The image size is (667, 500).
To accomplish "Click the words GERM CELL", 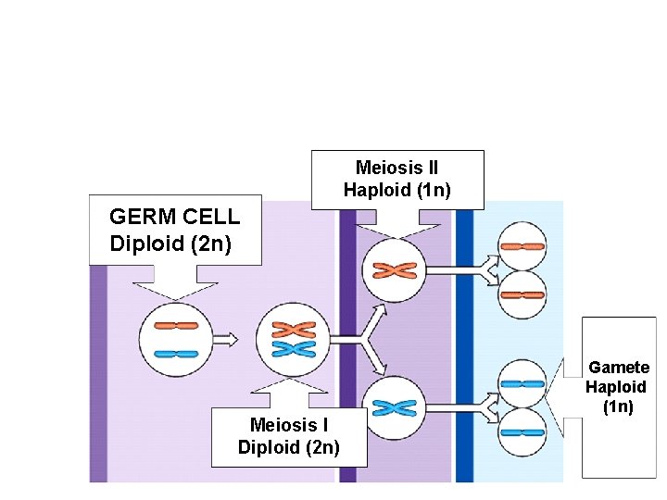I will click(x=174, y=218).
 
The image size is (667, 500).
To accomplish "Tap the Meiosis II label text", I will click(x=396, y=168).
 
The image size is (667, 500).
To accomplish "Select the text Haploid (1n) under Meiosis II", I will click(x=396, y=191).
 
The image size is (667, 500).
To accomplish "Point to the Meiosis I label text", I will click(x=288, y=424).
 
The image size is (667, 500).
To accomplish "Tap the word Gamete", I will click(x=619, y=368).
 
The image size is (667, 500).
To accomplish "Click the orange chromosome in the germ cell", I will click(x=175, y=326).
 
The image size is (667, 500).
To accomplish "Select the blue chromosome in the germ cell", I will click(x=175, y=353).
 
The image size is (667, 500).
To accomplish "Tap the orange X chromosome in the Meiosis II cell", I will click(x=394, y=270).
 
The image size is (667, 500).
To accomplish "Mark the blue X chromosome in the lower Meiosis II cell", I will click(x=394, y=406).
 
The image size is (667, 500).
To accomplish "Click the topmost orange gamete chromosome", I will click(x=522, y=247).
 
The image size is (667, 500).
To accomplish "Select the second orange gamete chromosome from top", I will click(x=522, y=295).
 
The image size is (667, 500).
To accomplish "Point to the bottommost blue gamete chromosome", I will click(x=522, y=431).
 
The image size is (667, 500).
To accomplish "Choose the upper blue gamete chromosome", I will click(x=522, y=383).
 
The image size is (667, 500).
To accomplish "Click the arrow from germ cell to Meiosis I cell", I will click(x=225, y=339).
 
